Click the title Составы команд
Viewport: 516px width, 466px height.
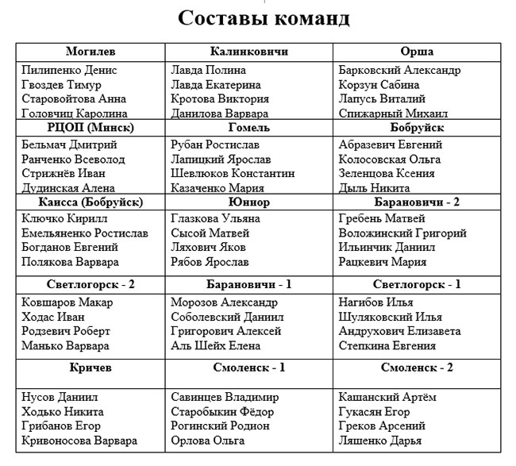264,18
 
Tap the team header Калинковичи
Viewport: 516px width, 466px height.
248,52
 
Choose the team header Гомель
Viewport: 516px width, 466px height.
248,127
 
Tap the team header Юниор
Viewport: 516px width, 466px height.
248,202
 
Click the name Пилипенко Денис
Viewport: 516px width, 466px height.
70,70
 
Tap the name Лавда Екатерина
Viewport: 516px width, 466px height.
216,85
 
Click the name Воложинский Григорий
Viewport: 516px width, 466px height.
402,233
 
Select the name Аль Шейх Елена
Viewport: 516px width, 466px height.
215,345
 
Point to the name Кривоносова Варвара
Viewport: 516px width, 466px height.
79,441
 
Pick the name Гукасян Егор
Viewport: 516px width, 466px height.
374,412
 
